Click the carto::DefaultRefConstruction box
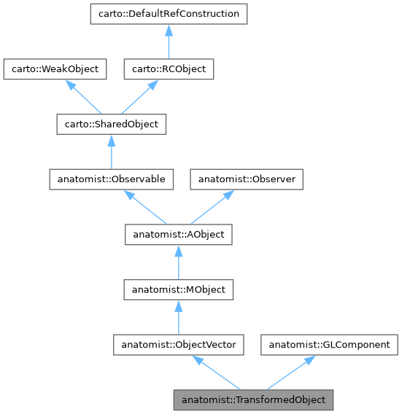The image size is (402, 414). (168, 13)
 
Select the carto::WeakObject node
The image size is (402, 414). (55, 69)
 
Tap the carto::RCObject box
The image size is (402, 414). (169, 69)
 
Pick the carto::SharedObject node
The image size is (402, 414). (111, 125)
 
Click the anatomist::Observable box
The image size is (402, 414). (111, 179)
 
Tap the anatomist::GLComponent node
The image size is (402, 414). (330, 345)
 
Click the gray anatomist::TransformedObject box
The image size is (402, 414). (253, 399)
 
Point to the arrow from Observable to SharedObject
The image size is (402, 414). (111, 152)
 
